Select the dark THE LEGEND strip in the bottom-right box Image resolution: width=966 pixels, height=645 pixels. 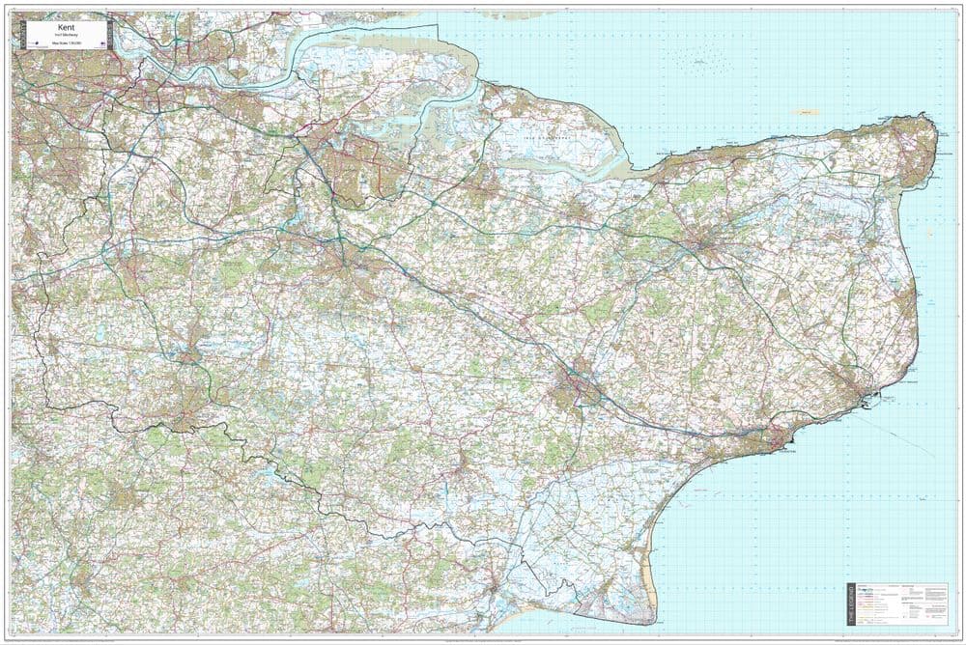pyautogui.click(x=851, y=604)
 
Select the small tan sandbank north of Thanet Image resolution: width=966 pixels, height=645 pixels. pyautogui.click(x=804, y=112)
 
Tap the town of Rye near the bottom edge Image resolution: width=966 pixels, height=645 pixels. pyautogui.click(x=494, y=585)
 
